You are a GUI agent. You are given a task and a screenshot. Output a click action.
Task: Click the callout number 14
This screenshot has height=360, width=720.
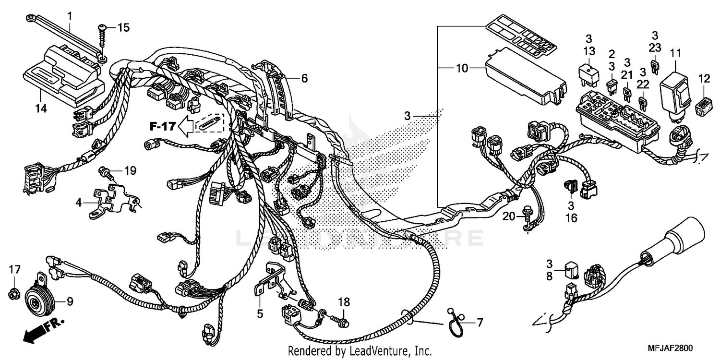point(40,108)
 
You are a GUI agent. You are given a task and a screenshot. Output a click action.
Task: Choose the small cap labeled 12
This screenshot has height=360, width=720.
point(704,105)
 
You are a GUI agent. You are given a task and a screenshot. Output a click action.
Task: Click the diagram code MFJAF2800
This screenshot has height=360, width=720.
point(672,348)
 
